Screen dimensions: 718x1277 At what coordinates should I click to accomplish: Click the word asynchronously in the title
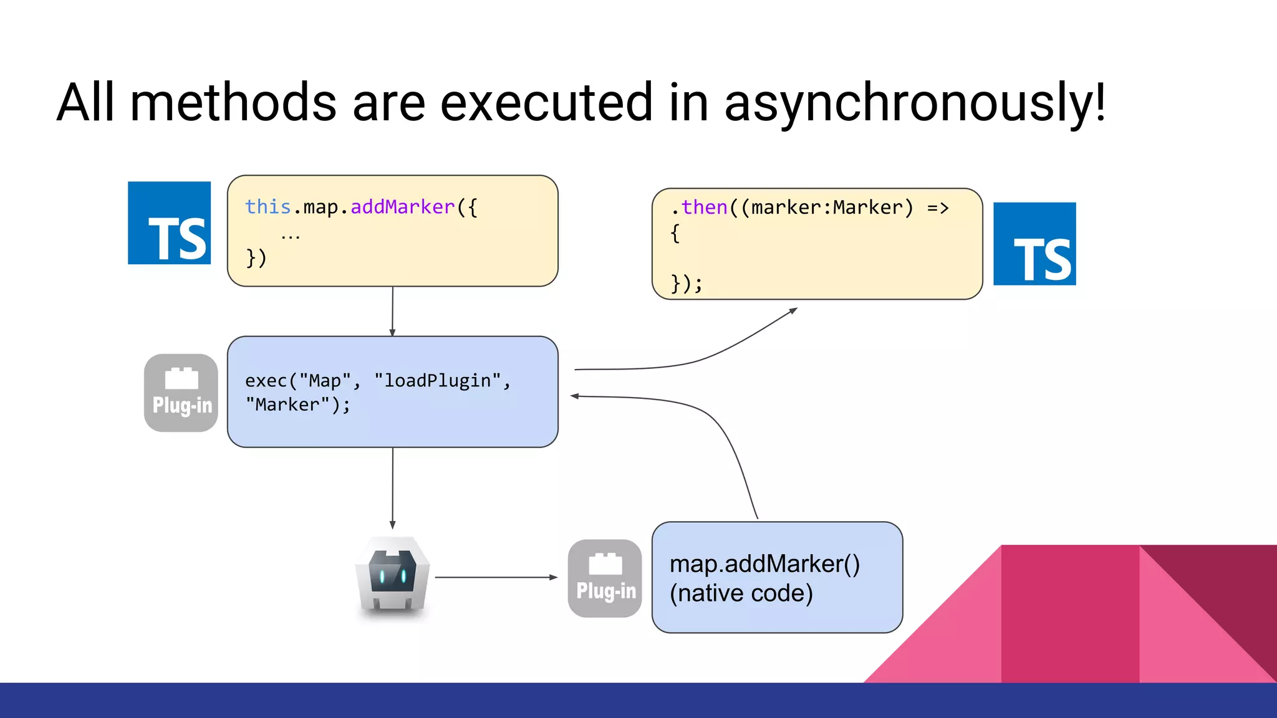pos(914,103)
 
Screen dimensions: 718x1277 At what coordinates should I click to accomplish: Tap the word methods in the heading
pos(233,103)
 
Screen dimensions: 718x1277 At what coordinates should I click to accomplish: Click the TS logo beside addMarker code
pos(169,223)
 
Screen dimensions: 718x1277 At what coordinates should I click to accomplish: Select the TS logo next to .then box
pos(1034,244)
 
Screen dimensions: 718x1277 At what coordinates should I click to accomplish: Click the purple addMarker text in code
pos(402,207)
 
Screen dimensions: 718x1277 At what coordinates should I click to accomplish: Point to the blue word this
pos(267,207)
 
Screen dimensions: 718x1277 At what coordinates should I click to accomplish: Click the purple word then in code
pos(704,208)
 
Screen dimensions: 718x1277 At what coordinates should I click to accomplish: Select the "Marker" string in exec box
pos(287,405)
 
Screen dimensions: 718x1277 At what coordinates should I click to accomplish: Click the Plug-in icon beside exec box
pos(181,393)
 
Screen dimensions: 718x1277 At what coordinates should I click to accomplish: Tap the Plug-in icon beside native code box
pos(605,578)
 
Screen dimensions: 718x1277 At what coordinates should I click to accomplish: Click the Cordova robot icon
pos(392,577)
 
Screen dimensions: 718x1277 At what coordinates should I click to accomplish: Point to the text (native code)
pos(741,593)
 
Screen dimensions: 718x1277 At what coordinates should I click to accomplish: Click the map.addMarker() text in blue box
pos(764,563)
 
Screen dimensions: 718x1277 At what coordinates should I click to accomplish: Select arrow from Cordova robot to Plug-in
pos(496,577)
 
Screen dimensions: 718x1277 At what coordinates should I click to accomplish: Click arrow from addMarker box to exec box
pos(392,312)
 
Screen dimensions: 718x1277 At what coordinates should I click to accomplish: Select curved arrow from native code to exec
pos(723,424)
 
